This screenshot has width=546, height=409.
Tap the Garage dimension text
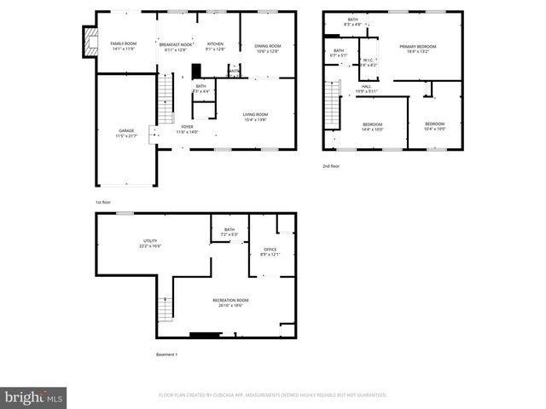(126, 136)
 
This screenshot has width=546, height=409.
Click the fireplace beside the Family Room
(87, 43)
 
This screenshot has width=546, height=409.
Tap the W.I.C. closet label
(368, 62)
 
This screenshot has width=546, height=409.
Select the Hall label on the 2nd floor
(366, 88)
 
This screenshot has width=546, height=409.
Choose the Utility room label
(150, 243)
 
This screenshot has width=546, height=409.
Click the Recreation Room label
(231, 302)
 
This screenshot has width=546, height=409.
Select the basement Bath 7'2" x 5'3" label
(229, 232)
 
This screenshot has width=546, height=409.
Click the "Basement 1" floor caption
(166, 354)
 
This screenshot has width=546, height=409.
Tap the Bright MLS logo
(34, 397)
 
